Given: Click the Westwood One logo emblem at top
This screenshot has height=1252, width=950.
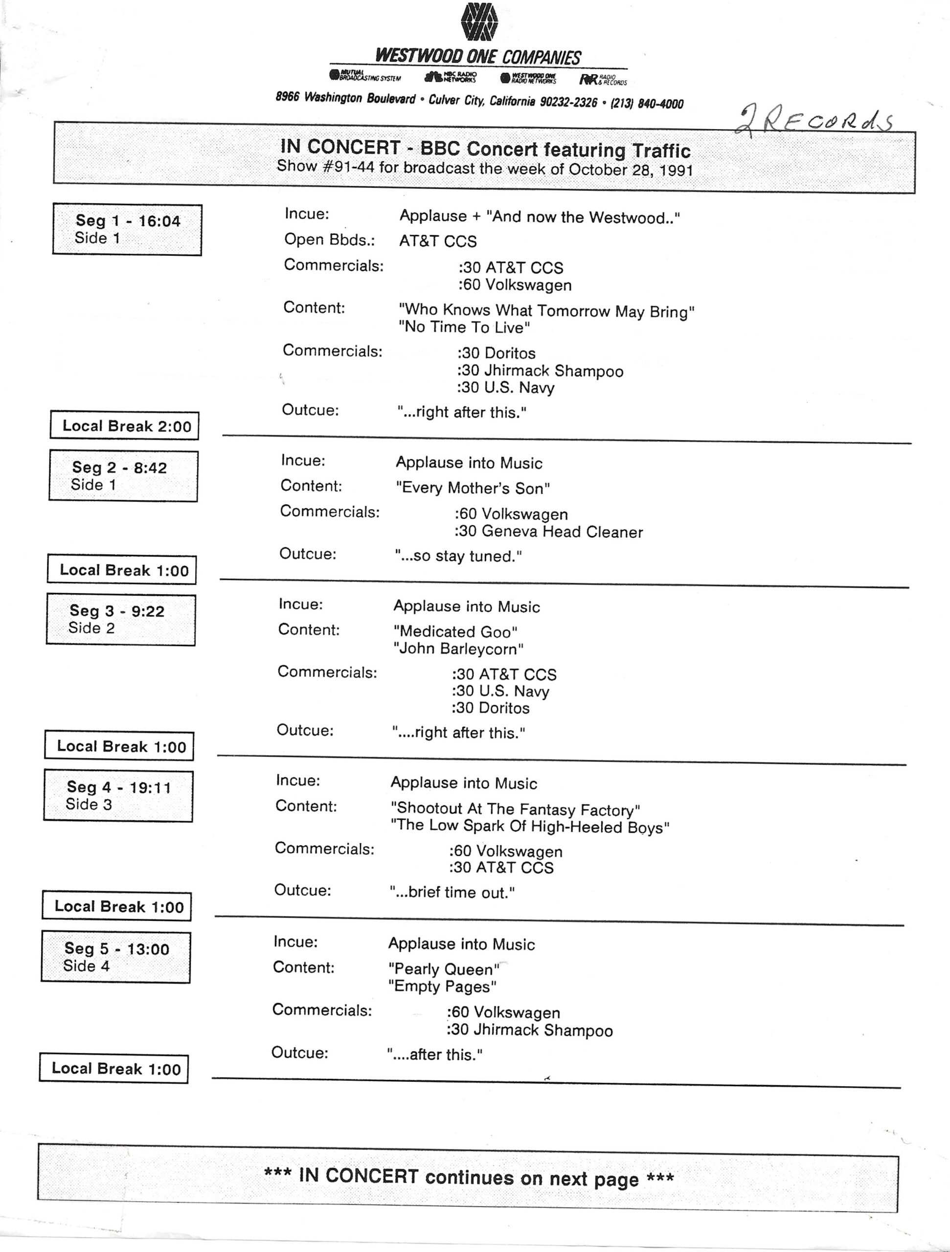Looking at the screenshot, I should pyautogui.click(x=479, y=22).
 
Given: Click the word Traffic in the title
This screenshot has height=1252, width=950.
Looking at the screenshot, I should pyautogui.click(x=661, y=151).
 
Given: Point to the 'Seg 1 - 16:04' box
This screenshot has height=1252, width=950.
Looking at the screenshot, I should pyautogui.click(x=127, y=229).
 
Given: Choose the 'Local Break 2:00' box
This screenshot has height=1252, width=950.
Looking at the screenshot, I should pyautogui.click(x=125, y=425).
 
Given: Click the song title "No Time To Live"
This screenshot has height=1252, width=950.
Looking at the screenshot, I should pyautogui.click(x=464, y=327).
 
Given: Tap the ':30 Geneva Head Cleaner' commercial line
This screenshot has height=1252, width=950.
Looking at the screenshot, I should pyautogui.click(x=548, y=532).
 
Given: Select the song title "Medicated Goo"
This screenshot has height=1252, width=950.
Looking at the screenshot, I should pyautogui.click(x=455, y=632).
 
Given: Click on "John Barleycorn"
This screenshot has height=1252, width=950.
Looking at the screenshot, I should pyautogui.click(x=458, y=648).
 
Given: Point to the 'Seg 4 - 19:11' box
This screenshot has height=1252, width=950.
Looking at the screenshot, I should pyautogui.click(x=118, y=795).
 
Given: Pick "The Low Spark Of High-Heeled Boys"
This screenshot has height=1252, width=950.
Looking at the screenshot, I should pyautogui.click(x=530, y=827).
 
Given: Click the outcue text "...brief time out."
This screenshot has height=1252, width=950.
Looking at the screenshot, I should pyautogui.click(x=452, y=893).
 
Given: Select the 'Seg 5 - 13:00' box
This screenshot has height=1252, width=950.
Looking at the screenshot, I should pyautogui.click(x=116, y=957).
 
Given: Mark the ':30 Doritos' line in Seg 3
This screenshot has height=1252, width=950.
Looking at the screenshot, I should pyautogui.click(x=490, y=708).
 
